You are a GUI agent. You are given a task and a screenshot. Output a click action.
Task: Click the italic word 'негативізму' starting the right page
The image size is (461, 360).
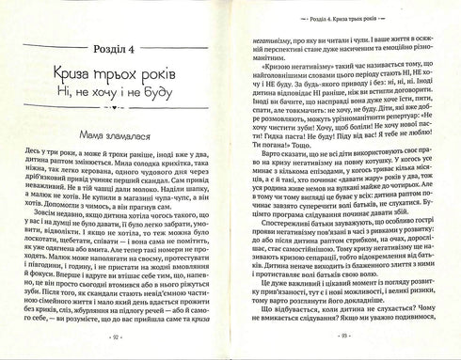278,42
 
